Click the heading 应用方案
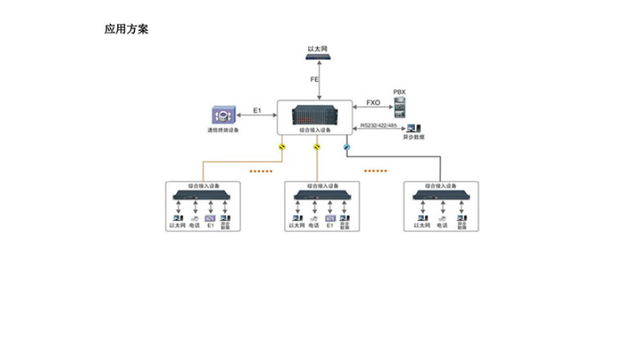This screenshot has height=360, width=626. (126, 30)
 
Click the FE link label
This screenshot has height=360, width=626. (315, 79)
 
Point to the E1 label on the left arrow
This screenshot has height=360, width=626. (257, 110)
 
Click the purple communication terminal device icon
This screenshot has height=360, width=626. (222, 116)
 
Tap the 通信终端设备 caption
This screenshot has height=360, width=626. (222, 131)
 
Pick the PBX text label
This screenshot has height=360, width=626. (399, 92)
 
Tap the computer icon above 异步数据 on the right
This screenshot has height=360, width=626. (413, 127)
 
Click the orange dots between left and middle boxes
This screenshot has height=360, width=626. (261, 171)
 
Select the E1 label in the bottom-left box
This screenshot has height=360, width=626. (210, 225)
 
